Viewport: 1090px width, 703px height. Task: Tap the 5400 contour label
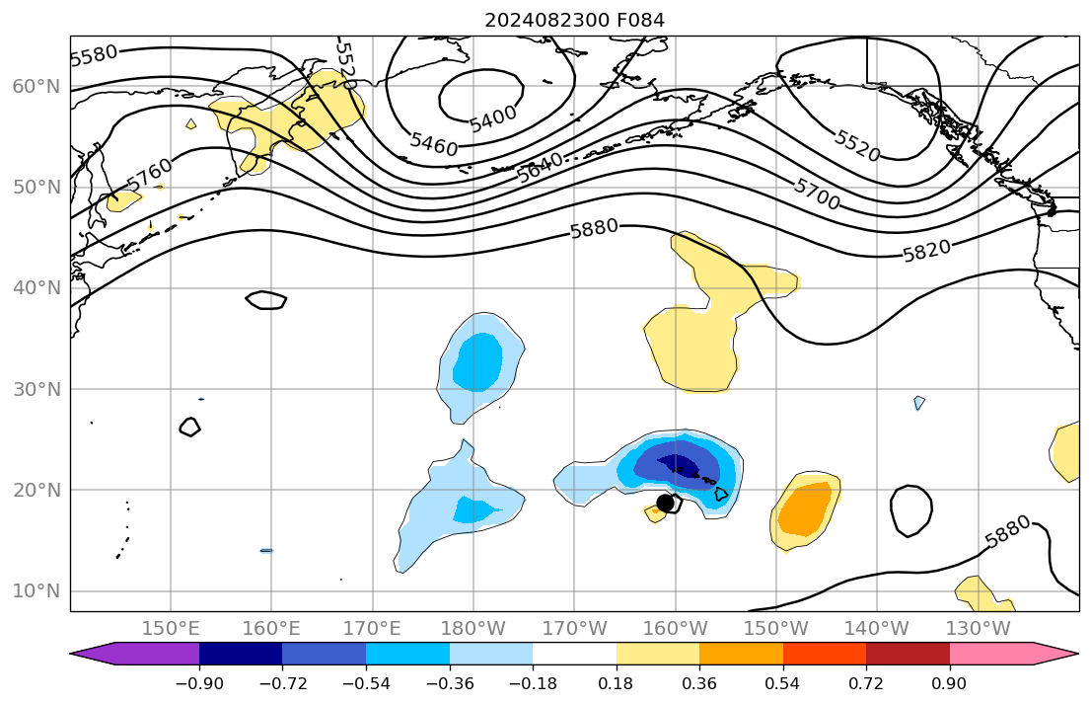click(492, 118)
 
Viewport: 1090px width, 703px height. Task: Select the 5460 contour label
click(434, 145)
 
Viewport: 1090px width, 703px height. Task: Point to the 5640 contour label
click(541, 168)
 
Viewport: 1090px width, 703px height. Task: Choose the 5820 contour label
click(928, 251)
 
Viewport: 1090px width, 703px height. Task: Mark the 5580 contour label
click(95, 54)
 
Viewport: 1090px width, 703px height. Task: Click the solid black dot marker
click(665, 503)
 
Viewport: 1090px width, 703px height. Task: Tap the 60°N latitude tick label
click(36, 87)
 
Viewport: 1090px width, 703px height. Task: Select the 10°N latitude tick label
click(36, 591)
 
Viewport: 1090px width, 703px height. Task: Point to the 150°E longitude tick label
click(172, 629)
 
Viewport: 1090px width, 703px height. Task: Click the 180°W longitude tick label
click(473, 629)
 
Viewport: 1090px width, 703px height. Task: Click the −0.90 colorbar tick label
click(199, 683)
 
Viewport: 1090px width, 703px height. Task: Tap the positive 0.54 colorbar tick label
click(783, 683)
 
